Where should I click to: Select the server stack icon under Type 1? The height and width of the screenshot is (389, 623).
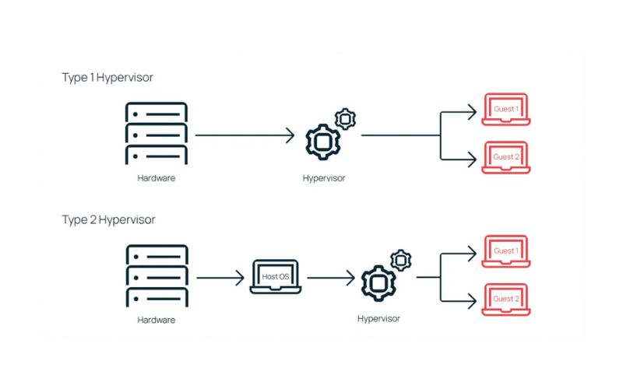pyautogui.click(x=157, y=133)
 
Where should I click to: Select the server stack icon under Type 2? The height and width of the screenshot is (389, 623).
pyautogui.click(x=157, y=276)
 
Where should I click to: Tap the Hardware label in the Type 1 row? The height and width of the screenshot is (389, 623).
pyautogui.click(x=157, y=178)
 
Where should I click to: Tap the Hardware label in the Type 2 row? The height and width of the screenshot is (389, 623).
pyautogui.click(x=157, y=320)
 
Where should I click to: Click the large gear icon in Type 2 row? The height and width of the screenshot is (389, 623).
pyautogui.click(x=378, y=281)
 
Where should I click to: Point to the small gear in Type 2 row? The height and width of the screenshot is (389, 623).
pyautogui.click(x=400, y=260)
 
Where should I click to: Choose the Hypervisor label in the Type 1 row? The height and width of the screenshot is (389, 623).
pyautogui.click(x=324, y=178)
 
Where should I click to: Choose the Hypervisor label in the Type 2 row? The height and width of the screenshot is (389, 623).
pyautogui.click(x=378, y=318)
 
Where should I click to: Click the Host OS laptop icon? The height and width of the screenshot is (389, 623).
pyautogui.click(x=275, y=277)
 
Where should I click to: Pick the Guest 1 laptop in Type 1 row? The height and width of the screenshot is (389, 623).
pyautogui.click(x=506, y=111)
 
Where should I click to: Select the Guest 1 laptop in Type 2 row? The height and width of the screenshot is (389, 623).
pyautogui.click(x=506, y=253)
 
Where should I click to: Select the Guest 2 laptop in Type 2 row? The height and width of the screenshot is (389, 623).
pyautogui.click(x=506, y=300)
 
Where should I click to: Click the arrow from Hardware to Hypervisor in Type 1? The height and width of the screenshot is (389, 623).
pyautogui.click(x=245, y=135)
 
